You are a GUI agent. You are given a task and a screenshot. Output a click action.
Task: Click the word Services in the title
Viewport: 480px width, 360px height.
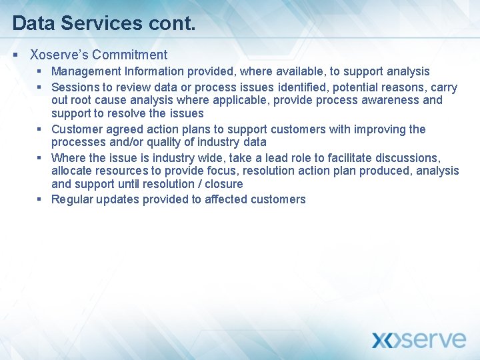click(101, 23)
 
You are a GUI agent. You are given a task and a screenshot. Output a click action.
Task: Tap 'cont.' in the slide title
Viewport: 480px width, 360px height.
click(171, 23)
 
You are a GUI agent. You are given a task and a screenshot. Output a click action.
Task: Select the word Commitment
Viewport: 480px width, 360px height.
click(130, 55)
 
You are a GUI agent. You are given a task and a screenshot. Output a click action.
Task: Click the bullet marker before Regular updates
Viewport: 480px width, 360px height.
click(40, 199)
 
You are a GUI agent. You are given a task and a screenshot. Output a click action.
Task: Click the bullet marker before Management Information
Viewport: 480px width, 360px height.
click(40, 71)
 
